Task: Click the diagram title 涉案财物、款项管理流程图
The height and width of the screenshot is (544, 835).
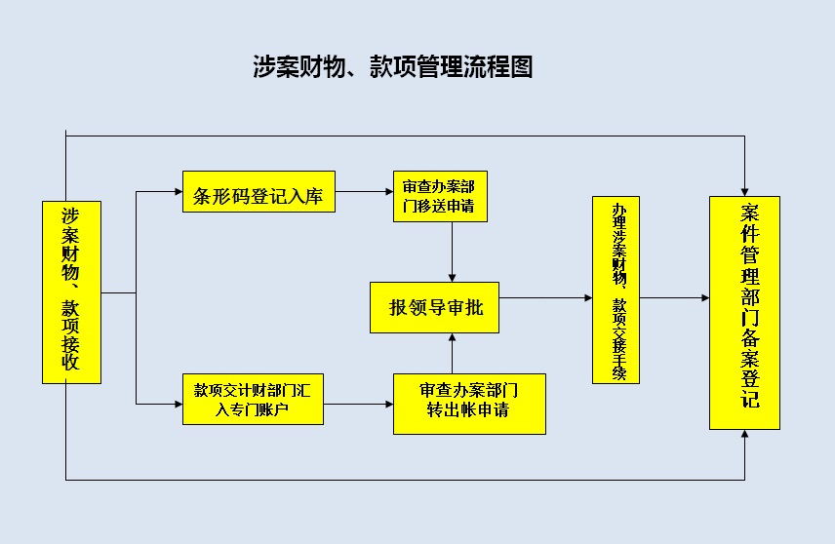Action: [x=392, y=66]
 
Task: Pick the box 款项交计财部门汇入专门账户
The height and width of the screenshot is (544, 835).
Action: [x=252, y=400]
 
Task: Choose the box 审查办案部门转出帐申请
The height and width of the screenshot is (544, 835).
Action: [x=468, y=403]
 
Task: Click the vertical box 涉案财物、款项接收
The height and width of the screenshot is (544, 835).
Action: [x=71, y=291]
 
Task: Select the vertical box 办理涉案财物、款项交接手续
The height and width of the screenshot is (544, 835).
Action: [x=616, y=290]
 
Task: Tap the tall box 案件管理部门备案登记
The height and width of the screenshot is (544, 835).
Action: [x=744, y=313]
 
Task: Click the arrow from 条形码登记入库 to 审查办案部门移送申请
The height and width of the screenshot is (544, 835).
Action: [x=363, y=192]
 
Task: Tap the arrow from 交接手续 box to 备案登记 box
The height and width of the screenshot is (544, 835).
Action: [x=674, y=296]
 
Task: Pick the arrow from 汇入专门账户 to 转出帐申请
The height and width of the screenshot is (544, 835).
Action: [x=357, y=402]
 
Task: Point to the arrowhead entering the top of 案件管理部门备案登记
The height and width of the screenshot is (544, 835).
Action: [x=744, y=189]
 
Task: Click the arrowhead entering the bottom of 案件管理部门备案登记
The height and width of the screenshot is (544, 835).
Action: [x=744, y=436]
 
